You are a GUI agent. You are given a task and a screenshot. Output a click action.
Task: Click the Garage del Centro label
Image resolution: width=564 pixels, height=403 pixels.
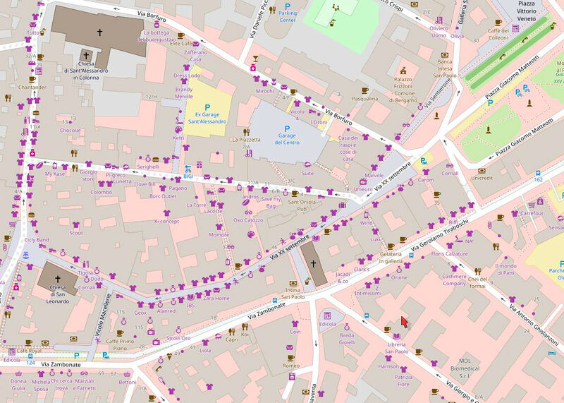pyautogui.click(x=287, y=138)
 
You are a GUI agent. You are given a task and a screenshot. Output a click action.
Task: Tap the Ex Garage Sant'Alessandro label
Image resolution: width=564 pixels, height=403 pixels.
pyautogui.click(x=207, y=117)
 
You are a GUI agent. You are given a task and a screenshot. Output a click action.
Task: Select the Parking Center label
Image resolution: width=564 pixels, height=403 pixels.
pyautogui.click(x=287, y=16)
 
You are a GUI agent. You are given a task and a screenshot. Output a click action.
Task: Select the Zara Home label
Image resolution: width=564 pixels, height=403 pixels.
pyautogui.click(x=216, y=298)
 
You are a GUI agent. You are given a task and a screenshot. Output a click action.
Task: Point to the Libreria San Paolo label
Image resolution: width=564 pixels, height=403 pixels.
pyautogui.click(x=397, y=347)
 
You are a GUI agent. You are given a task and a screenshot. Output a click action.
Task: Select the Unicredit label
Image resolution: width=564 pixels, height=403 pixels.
pyautogui.click(x=482, y=178)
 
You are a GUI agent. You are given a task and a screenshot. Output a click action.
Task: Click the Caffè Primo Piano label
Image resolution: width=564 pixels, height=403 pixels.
pyautogui.click(x=121, y=344)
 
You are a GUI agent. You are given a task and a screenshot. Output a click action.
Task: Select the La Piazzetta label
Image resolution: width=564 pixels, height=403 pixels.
pyautogui.click(x=246, y=140)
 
